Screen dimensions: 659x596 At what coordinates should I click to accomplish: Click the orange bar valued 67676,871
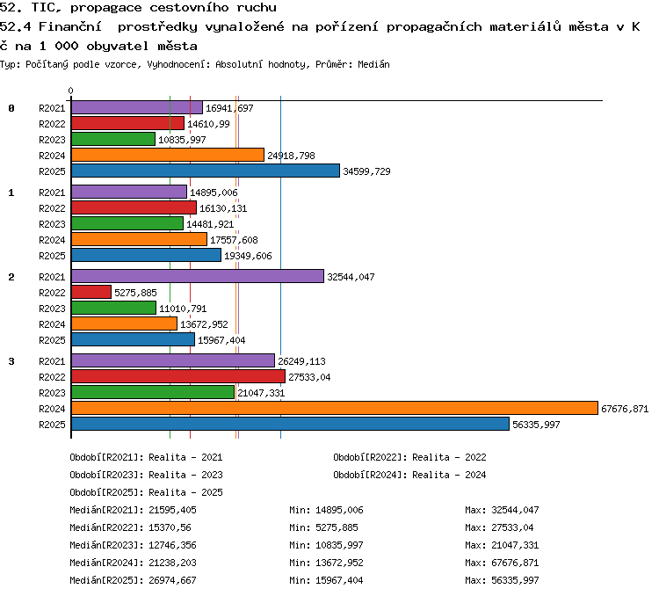(335, 408)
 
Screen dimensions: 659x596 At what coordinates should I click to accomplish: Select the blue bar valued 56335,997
(291, 424)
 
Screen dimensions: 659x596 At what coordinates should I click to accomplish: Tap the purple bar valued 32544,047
(198, 276)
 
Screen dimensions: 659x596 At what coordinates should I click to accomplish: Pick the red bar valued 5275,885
(91, 292)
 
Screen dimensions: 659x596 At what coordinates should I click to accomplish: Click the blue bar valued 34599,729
(206, 171)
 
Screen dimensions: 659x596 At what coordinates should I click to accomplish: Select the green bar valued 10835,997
(113, 139)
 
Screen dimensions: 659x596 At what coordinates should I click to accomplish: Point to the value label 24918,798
(291, 156)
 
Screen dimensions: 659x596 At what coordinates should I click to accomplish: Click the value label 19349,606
(248, 256)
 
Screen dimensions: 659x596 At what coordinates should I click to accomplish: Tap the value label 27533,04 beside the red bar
(309, 377)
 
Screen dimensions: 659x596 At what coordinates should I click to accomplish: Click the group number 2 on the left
(11, 277)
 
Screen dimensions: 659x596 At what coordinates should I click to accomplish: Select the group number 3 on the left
(11, 361)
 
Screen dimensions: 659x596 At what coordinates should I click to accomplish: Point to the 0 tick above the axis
(70, 91)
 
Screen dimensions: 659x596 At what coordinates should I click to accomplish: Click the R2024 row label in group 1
(52, 240)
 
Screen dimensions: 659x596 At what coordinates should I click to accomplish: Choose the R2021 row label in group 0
(52, 108)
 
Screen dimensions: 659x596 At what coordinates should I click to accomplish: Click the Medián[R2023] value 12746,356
(172, 545)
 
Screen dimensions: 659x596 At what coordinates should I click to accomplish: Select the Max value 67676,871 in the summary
(515, 563)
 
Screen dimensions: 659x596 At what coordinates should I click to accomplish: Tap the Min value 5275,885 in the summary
(337, 527)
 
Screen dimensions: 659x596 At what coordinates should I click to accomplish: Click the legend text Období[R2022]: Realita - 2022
(409, 457)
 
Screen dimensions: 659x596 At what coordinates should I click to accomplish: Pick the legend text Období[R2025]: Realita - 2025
(146, 492)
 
